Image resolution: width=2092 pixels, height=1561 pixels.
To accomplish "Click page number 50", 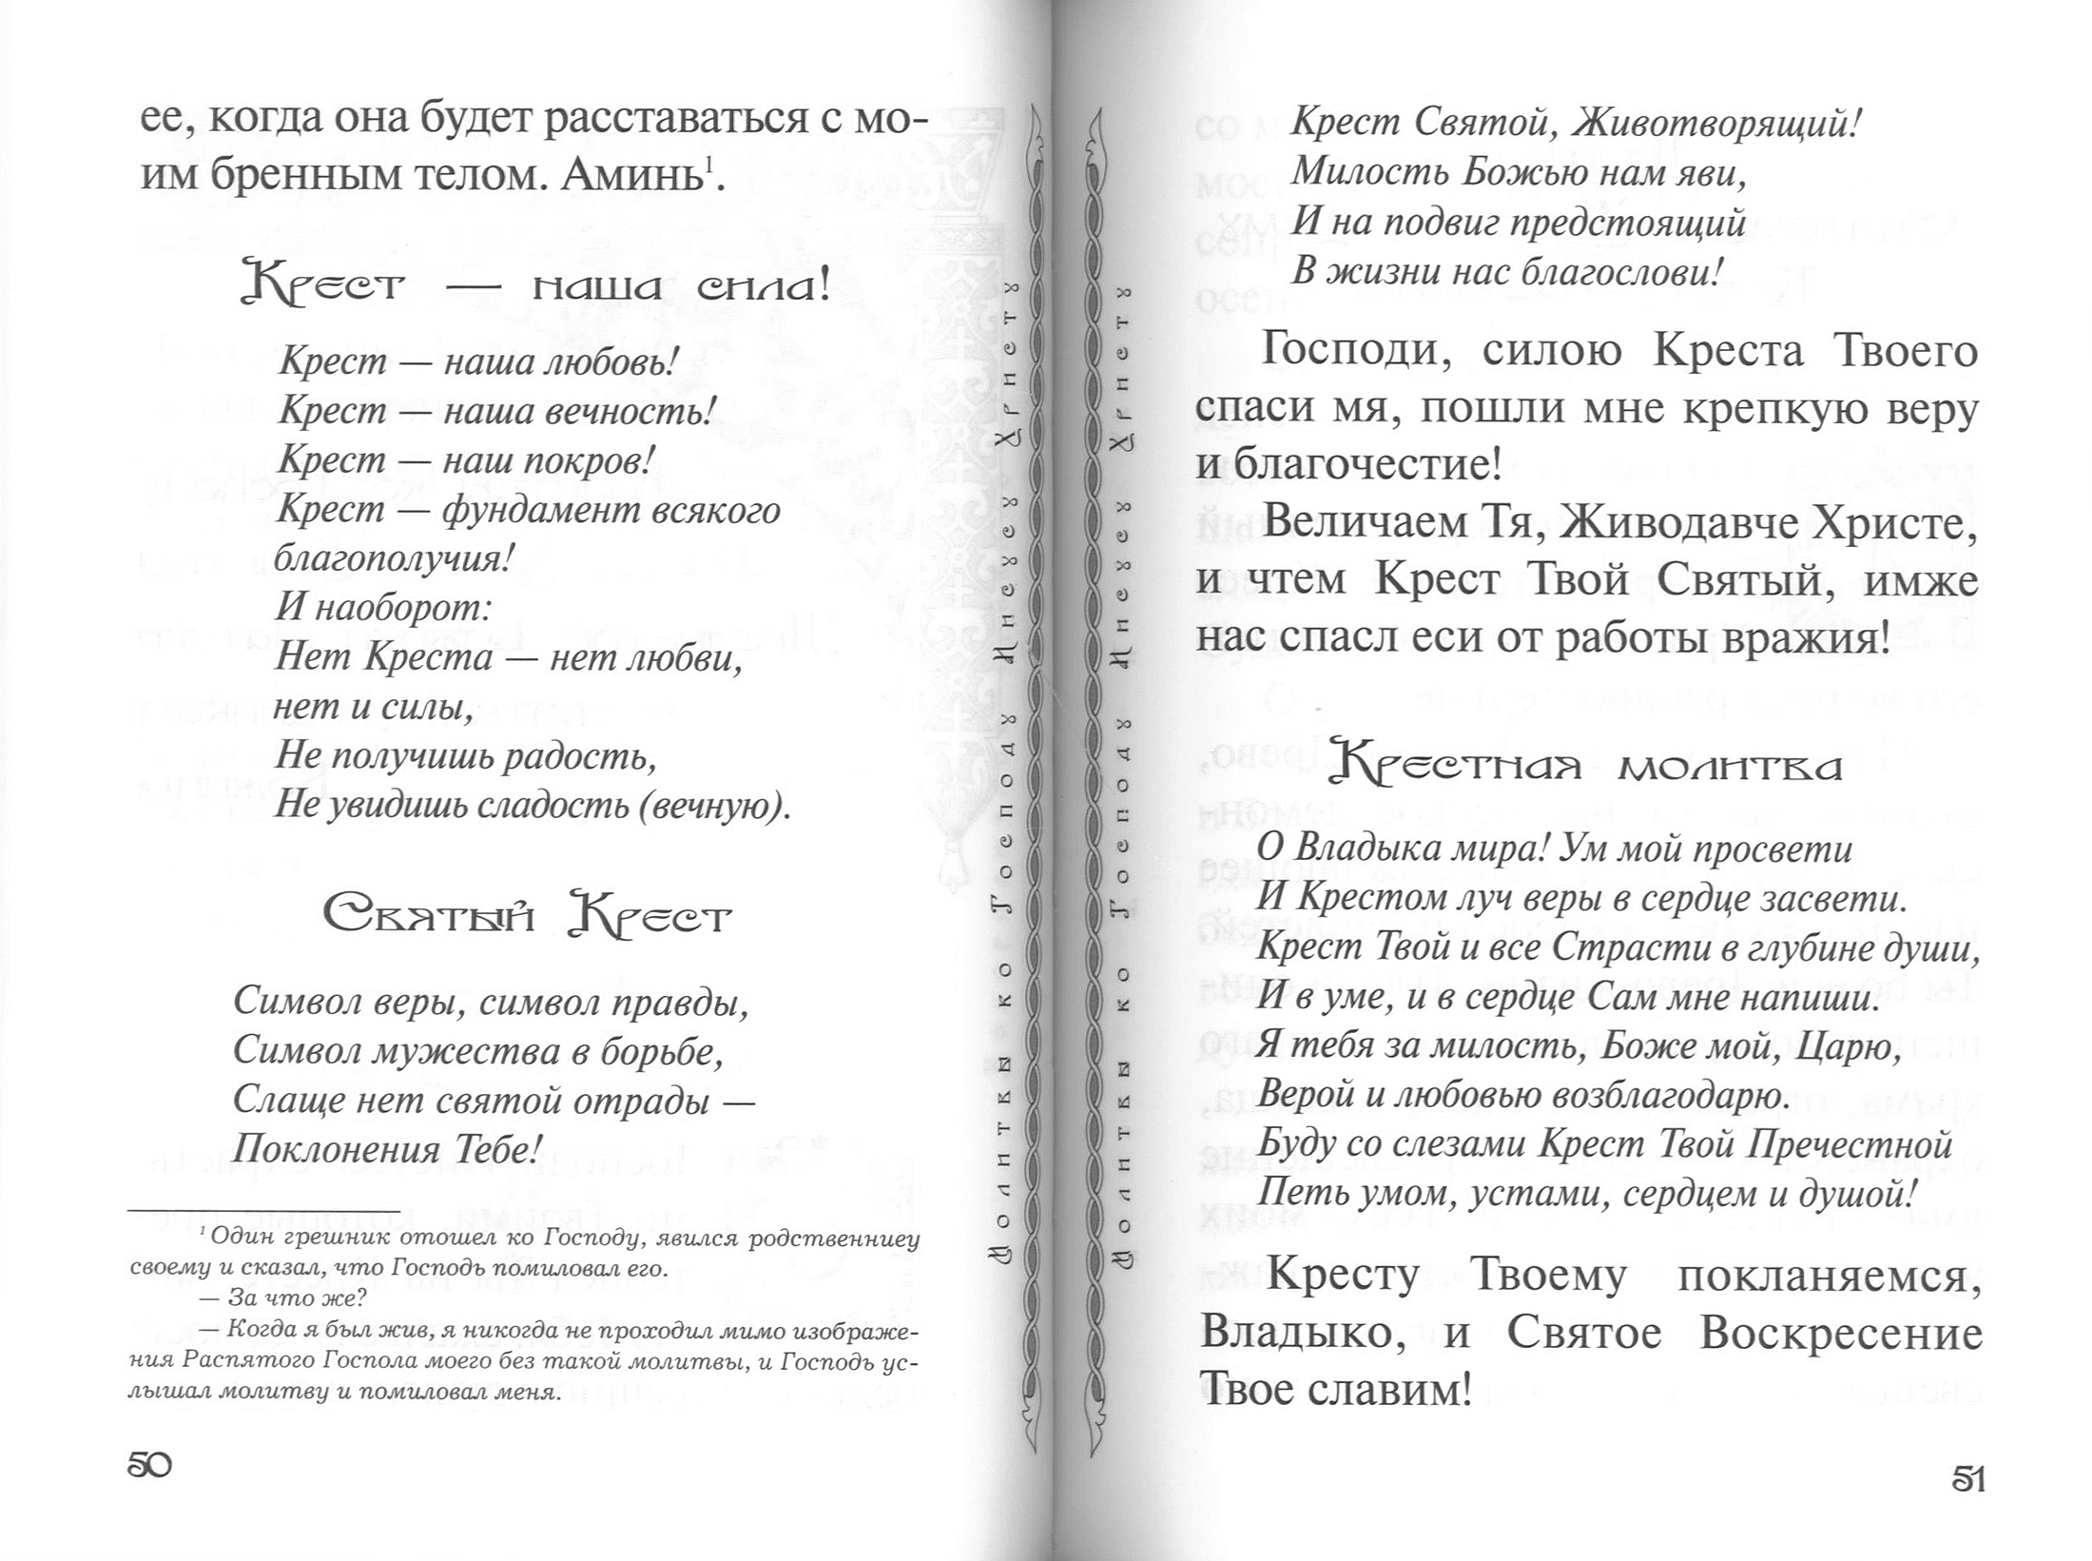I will click(x=149, y=1465).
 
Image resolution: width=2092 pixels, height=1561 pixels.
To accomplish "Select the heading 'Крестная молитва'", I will click(x=1585, y=767).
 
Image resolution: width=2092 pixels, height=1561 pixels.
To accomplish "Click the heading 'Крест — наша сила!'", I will click(x=536, y=284).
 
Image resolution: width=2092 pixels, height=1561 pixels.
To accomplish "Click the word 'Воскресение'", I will click(x=1841, y=1334).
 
